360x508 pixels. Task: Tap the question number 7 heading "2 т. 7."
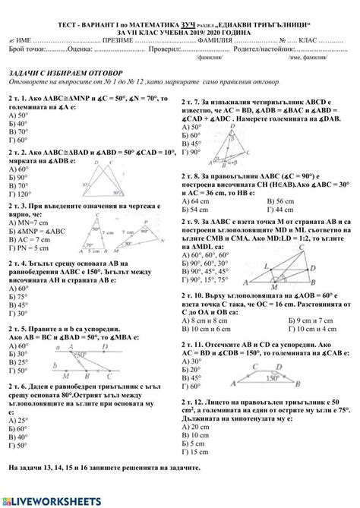194,102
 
